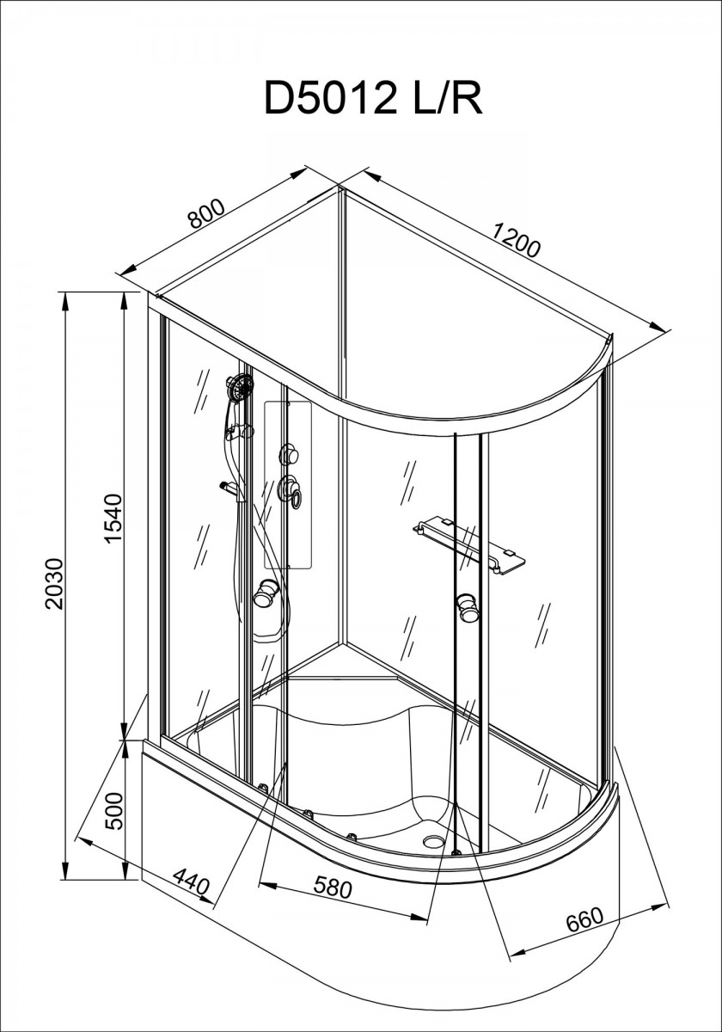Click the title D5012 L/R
pos(373,97)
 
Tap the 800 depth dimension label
pos(207,214)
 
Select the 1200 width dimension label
pos(515,240)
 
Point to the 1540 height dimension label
pos(113,519)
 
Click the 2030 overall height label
pos(53,584)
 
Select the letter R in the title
pos(468,98)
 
